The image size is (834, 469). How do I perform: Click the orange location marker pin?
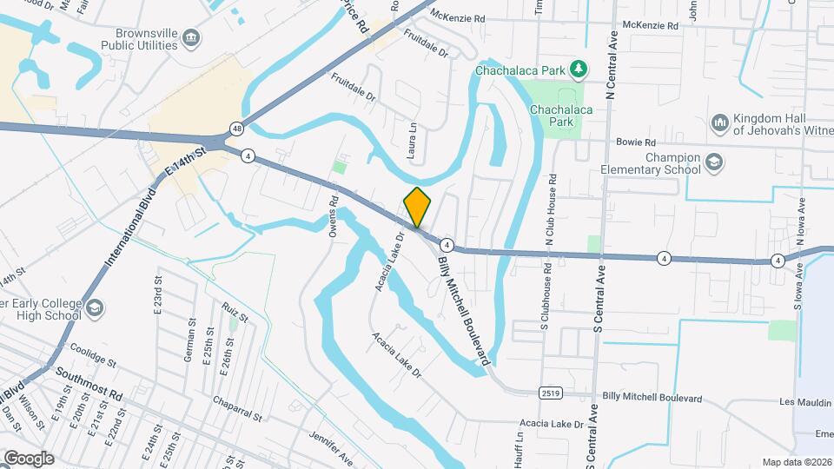(x=417, y=207)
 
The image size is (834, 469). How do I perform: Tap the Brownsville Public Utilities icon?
(x=192, y=36)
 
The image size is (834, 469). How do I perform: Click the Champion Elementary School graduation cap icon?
(x=713, y=162)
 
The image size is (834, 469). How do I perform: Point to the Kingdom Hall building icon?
(x=718, y=123)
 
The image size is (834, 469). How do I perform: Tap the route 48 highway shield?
(x=236, y=129)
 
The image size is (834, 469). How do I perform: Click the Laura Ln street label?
(x=413, y=139)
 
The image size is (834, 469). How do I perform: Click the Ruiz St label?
(x=235, y=312)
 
